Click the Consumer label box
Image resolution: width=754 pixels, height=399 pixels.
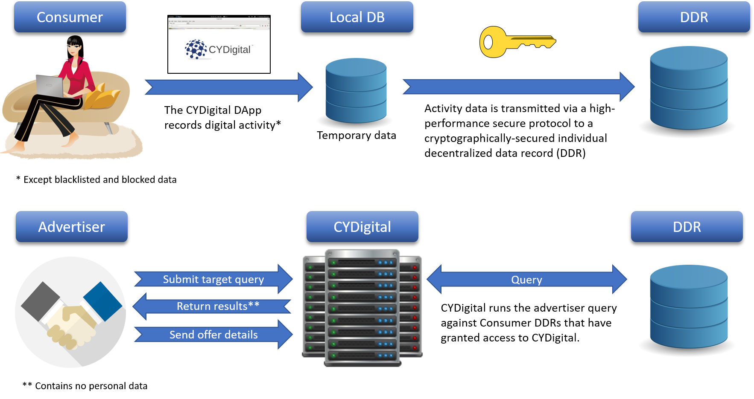point(70,17)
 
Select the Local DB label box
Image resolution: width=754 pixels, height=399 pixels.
point(357,17)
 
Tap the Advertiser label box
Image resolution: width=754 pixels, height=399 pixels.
point(72,227)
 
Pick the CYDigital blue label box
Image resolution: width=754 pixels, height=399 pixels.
point(362,227)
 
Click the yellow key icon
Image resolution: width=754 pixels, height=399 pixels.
point(517,42)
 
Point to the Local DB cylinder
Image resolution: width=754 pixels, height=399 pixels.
point(356,92)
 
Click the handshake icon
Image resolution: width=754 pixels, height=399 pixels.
point(70,312)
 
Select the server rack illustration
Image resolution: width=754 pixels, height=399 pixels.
point(362,308)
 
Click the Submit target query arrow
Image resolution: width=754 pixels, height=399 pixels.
point(213,279)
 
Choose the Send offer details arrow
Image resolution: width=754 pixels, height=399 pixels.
point(213,335)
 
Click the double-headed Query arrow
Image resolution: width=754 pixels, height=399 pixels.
point(526,280)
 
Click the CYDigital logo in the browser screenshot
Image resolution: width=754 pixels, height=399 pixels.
point(218,49)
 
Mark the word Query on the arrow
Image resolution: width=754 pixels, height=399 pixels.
point(526,280)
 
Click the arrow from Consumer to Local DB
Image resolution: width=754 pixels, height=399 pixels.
point(228,87)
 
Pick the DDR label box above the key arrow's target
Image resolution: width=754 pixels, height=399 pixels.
point(694,17)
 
